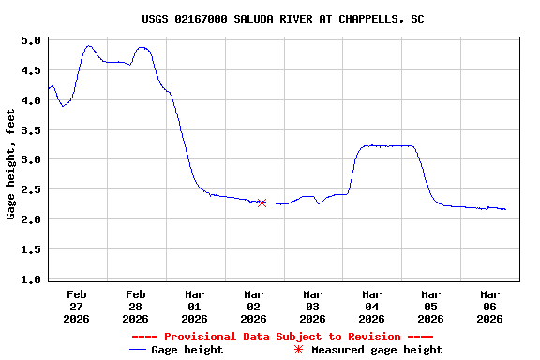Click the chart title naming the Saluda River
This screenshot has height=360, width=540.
point(283,19)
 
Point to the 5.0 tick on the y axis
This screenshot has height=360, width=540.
point(31,41)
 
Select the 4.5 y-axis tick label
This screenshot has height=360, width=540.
point(31,70)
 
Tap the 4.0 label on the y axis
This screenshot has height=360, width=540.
point(31,100)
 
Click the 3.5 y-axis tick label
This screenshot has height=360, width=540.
point(31,130)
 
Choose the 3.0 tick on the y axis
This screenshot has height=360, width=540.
point(31,160)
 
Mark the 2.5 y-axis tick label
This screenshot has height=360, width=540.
point(31,189)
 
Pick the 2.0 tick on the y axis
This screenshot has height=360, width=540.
point(31,219)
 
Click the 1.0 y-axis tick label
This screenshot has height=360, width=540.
point(31,279)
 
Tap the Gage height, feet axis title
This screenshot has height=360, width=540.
point(11,164)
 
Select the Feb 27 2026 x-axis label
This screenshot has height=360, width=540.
point(77,306)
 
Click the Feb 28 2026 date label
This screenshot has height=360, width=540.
point(136,306)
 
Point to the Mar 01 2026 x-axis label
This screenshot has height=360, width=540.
point(195,306)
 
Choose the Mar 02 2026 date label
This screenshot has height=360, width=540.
point(254,306)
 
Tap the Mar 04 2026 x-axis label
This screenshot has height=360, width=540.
point(372,306)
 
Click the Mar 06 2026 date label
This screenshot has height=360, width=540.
point(489,306)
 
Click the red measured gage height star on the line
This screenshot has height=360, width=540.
point(262,202)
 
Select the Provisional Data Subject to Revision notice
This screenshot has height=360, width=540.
point(283,337)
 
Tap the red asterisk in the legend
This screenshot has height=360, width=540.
point(299,350)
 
